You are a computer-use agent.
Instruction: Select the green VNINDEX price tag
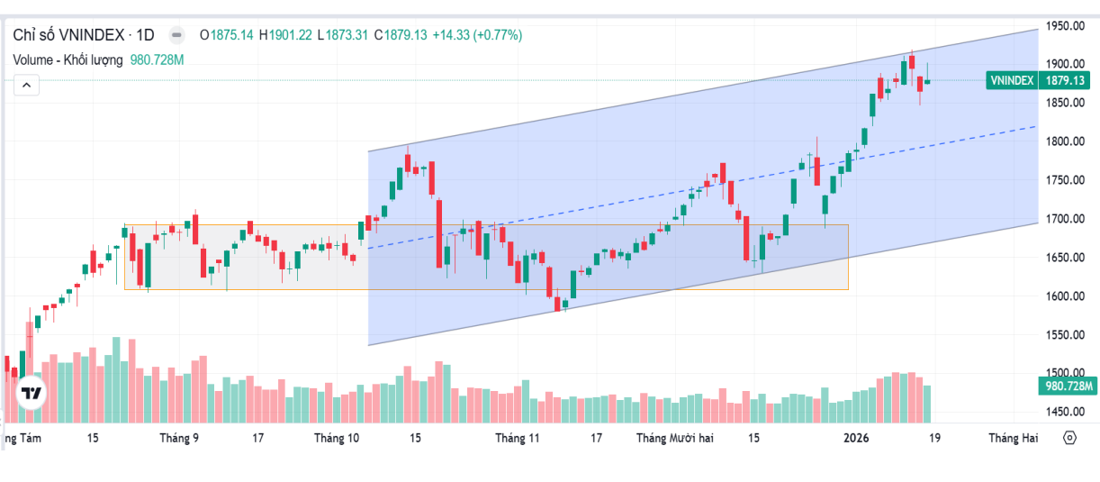1012,80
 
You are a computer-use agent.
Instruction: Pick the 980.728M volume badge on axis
1067,387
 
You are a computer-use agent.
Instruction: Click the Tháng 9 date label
179,439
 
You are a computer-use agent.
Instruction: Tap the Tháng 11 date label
517,439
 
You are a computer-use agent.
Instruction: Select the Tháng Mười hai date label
674,439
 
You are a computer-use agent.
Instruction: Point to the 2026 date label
855,439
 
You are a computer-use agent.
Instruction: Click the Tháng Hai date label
1013,439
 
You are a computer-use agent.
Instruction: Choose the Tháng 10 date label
337,439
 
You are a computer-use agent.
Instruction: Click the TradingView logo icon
32,393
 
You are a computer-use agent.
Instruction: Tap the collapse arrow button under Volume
27,86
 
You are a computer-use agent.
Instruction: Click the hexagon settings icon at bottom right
1069,438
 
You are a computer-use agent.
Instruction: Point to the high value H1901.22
285,35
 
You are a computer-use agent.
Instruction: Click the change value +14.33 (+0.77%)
477,35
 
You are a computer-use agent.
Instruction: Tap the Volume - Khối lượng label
68,59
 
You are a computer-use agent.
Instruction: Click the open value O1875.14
227,35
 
